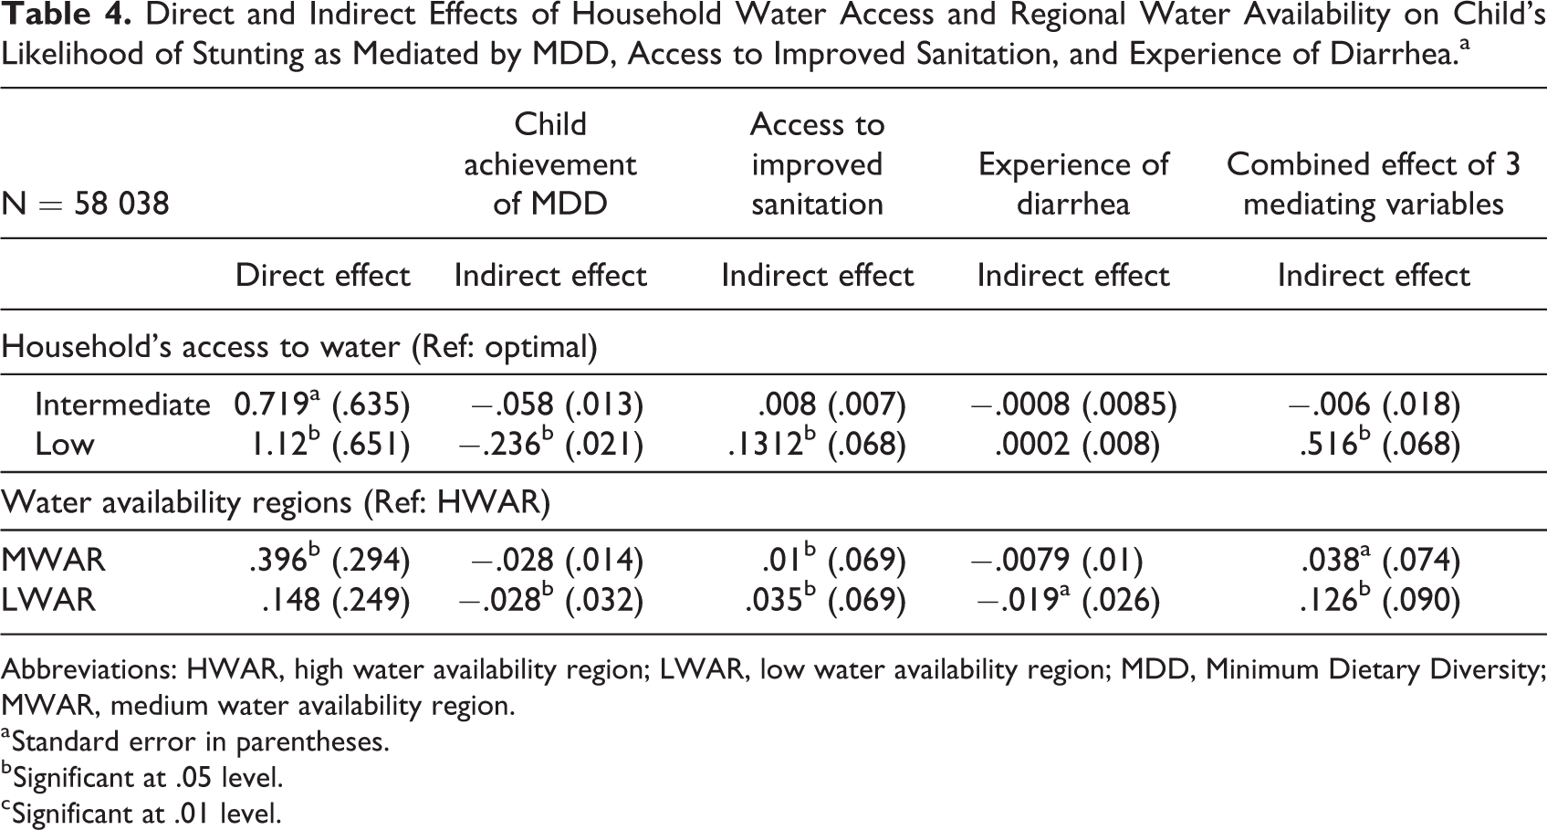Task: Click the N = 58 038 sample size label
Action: pyautogui.click(x=86, y=204)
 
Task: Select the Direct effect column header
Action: pyautogui.click(x=322, y=275)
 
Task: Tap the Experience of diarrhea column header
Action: pyautogui.click(x=1073, y=184)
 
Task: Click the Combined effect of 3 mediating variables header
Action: pyautogui.click(x=1373, y=184)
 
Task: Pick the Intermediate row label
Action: pyautogui.click(x=122, y=404)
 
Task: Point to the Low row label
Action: pyautogui.click(x=64, y=444)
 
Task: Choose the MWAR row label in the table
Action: pyautogui.click(x=53, y=560)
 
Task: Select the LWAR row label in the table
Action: pyautogui.click(x=48, y=599)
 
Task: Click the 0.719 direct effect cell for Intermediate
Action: pyautogui.click(x=322, y=404)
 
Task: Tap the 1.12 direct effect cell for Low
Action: pyautogui.click(x=329, y=444)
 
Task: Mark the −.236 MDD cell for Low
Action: pyautogui.click(x=551, y=444)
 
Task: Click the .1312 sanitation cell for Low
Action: pyautogui.click(x=817, y=444)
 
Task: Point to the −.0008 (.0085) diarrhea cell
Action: pyautogui.click(x=1074, y=404)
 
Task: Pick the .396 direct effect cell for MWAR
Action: pyautogui.click(x=329, y=560)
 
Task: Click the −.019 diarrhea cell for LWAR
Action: pyautogui.click(x=1069, y=599)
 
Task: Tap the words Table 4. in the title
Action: pyautogui.click(x=66, y=16)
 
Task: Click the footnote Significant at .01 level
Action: pyautogui.click(x=141, y=813)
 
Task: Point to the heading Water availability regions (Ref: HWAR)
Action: pyautogui.click(x=276, y=502)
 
